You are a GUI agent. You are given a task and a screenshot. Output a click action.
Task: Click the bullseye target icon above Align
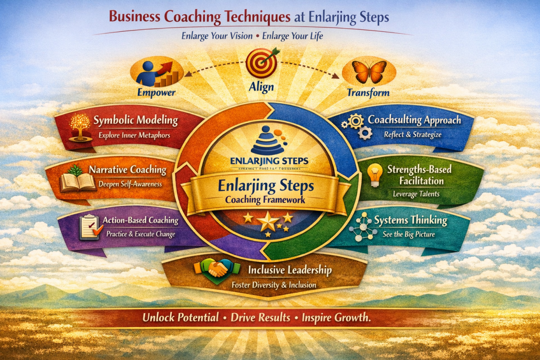pyautogui.click(x=263, y=62)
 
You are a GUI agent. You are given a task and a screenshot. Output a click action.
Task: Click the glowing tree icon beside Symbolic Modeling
pyautogui.click(x=80, y=127)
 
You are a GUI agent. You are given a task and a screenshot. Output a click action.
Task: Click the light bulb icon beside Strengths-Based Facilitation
pyautogui.click(x=375, y=175)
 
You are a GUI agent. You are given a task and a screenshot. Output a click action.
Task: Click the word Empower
pyautogui.click(x=156, y=93)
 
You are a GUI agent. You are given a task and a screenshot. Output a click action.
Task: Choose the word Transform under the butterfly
pyautogui.click(x=368, y=93)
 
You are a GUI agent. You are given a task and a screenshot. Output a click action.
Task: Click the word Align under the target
pyautogui.click(x=262, y=87)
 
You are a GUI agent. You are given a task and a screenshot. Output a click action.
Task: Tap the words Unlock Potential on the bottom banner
pyautogui.click(x=181, y=318)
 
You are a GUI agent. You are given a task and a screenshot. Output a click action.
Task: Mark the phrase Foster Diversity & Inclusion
pyautogui.click(x=274, y=285)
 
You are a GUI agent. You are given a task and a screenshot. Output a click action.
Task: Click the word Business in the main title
pyautogui.click(x=134, y=18)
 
